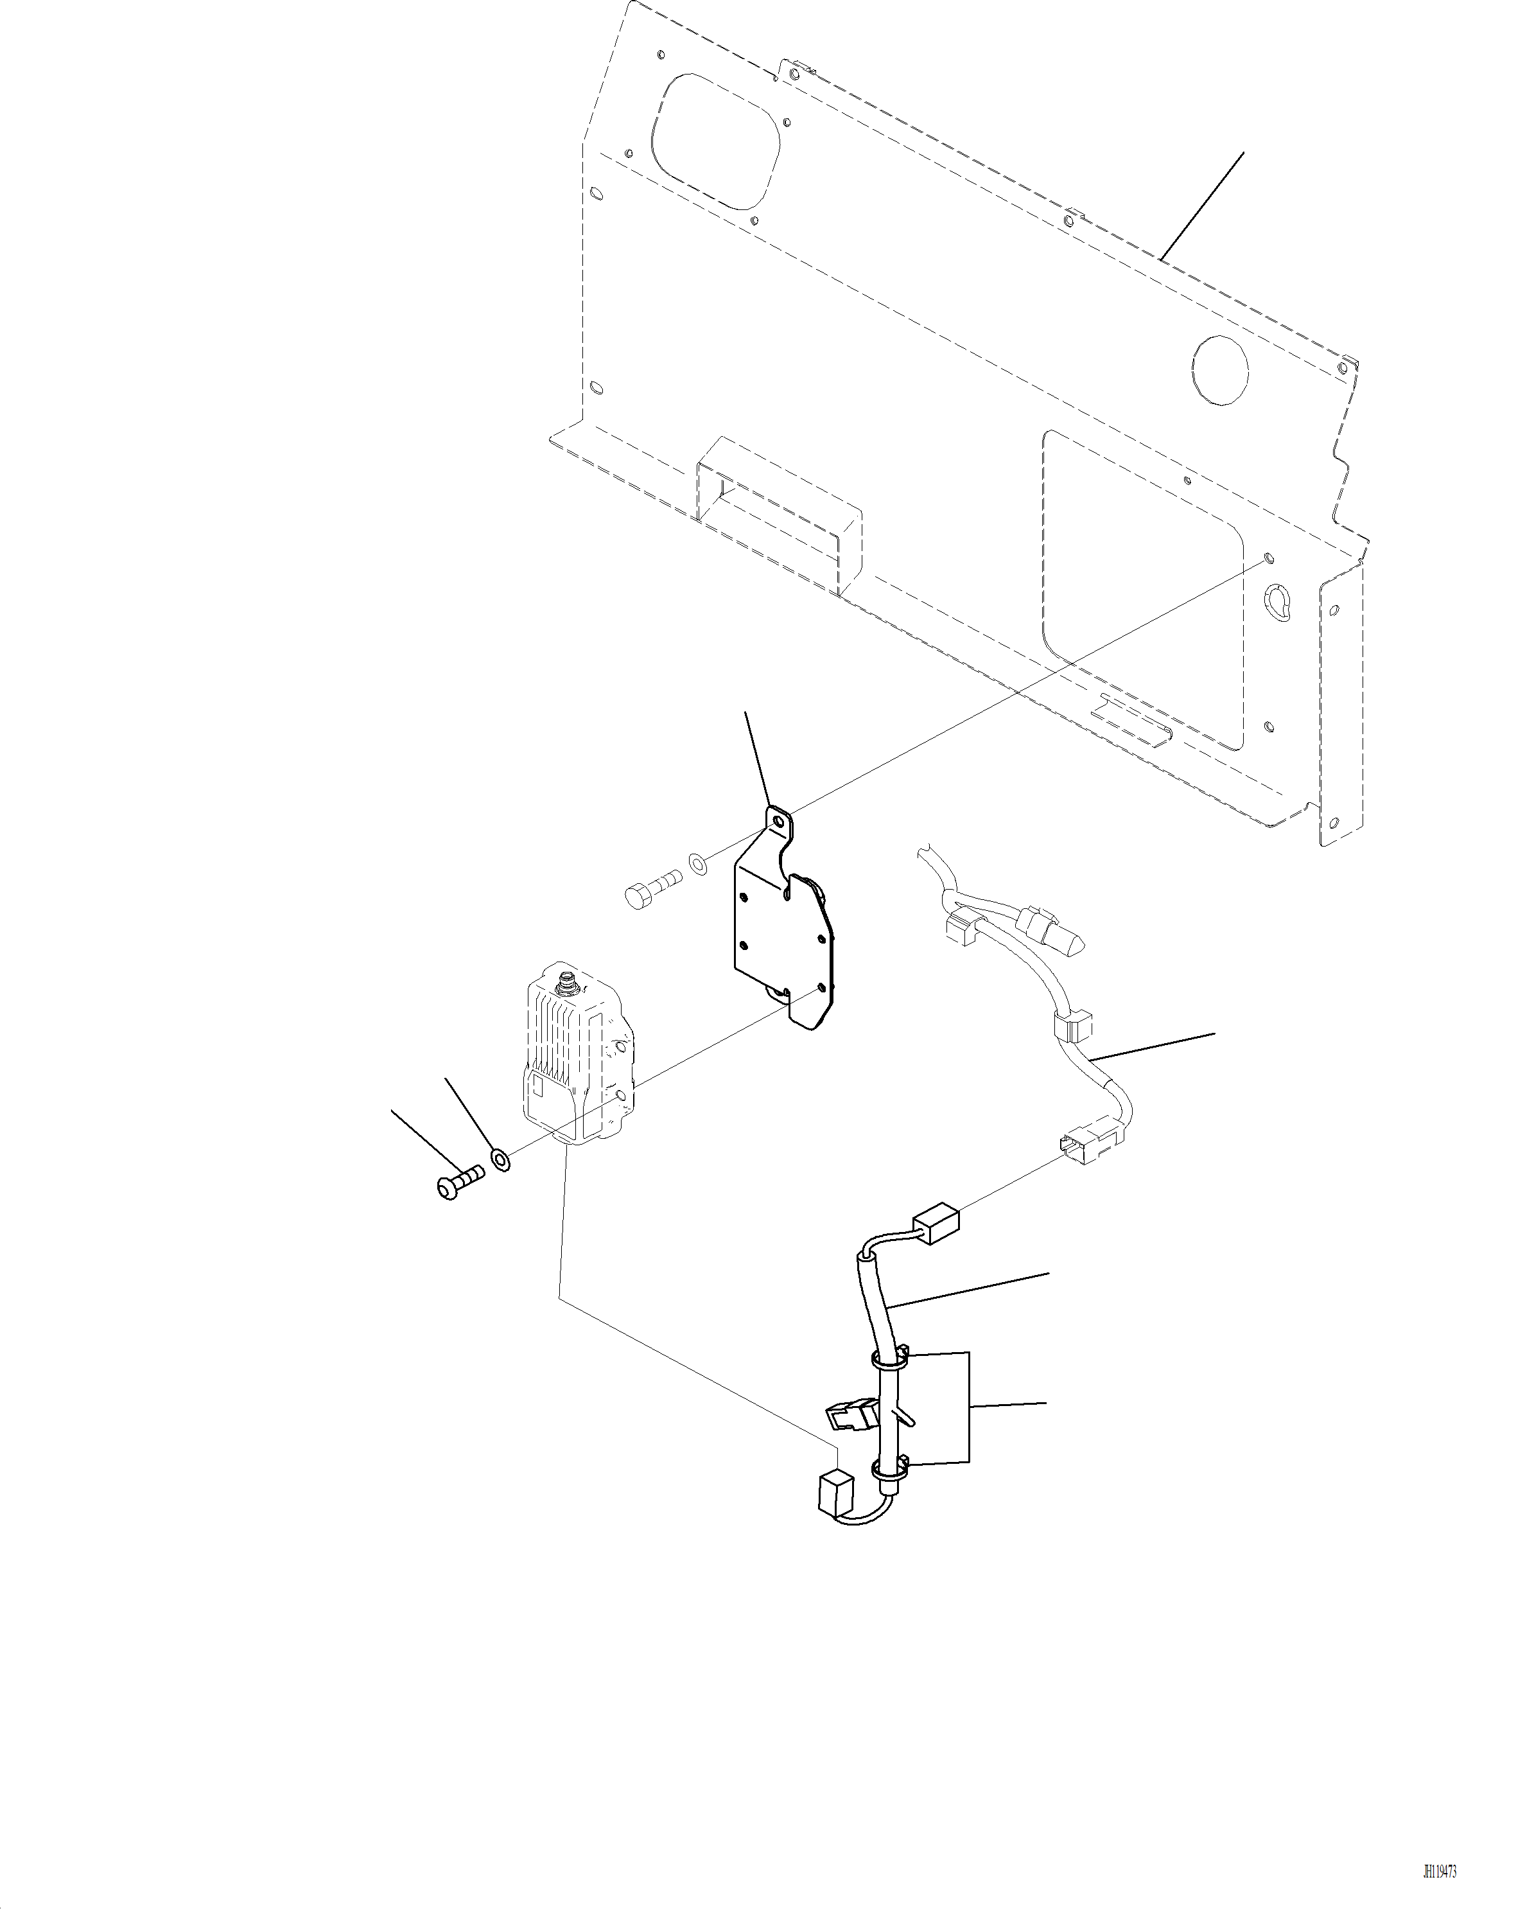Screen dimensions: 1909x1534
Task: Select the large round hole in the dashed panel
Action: click(x=1220, y=369)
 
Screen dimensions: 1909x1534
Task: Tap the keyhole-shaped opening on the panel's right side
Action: click(x=1279, y=601)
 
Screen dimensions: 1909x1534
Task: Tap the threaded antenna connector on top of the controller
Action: click(x=565, y=981)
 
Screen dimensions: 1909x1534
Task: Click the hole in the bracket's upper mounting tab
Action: click(x=779, y=823)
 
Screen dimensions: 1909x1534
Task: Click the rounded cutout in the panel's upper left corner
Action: click(x=715, y=140)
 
